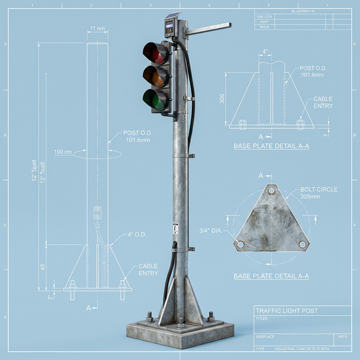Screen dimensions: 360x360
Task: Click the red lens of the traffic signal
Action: click(155, 53)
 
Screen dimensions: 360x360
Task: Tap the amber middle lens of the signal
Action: click(155, 76)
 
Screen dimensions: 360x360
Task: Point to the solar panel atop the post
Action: click(172, 16)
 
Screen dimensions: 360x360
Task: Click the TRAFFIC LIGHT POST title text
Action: click(286, 310)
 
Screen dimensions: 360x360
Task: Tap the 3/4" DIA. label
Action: click(210, 230)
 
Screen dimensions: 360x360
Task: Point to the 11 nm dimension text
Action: click(97, 29)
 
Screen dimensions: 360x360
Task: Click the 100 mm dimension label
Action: click(63, 152)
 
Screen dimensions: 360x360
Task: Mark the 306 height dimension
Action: click(223, 98)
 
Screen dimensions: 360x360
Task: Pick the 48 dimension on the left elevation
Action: click(43, 267)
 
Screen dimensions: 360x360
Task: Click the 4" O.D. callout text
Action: click(137, 235)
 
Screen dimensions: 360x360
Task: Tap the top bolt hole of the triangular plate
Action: click(272, 191)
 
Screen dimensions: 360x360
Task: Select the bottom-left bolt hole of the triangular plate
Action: click(240, 245)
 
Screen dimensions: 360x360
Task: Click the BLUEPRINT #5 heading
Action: click(304, 11)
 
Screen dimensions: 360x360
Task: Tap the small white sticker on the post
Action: click(175, 228)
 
